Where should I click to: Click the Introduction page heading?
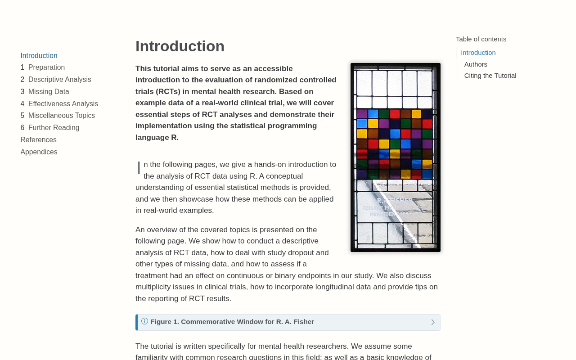tap(180, 46)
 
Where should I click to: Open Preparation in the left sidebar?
tap(46, 67)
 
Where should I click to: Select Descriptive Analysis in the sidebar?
tap(59, 80)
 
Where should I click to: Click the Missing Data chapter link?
tap(49, 92)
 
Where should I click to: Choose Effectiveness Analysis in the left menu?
tap(63, 104)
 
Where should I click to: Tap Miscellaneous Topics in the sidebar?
tap(61, 116)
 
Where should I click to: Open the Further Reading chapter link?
tap(54, 128)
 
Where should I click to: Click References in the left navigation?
tap(39, 140)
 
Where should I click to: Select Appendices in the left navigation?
tap(39, 152)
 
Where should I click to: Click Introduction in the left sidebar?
tap(39, 56)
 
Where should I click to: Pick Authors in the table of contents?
tap(476, 64)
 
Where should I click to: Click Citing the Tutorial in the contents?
tap(490, 76)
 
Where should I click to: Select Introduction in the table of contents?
tap(478, 53)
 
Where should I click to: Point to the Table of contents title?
tap(481, 39)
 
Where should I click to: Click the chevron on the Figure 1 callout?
tap(433, 322)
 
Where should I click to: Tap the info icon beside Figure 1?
tap(144, 321)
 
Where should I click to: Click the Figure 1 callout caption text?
tap(232, 322)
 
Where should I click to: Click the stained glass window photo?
tap(396, 157)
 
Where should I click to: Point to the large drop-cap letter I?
tap(139, 168)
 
